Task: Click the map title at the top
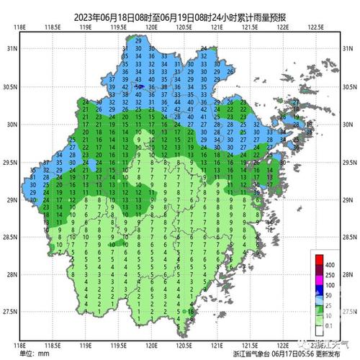[x=180, y=16]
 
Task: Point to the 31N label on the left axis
[x=12, y=48]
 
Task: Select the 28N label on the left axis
[x=12, y=274]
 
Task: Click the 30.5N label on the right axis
[x=350, y=86]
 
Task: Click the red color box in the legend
[x=320, y=259]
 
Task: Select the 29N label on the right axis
[x=350, y=199]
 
